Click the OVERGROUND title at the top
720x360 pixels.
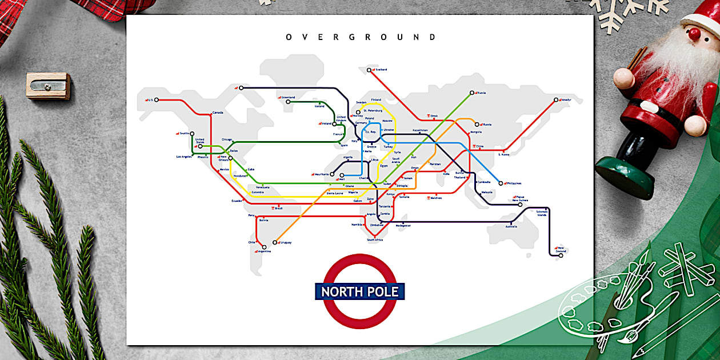point(361,37)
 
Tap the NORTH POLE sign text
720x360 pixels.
point(360,291)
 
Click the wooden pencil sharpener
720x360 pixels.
point(48,86)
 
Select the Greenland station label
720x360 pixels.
point(288,97)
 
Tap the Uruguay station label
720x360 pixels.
point(286,242)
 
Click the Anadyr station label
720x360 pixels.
point(566,100)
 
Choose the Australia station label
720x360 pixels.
point(511,226)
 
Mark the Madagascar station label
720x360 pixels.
point(403,225)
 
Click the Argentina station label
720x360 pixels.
point(264,251)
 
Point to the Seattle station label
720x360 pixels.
point(184,133)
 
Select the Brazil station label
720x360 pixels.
point(279,208)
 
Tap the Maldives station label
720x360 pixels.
point(436,198)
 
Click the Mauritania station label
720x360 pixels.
point(323,174)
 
